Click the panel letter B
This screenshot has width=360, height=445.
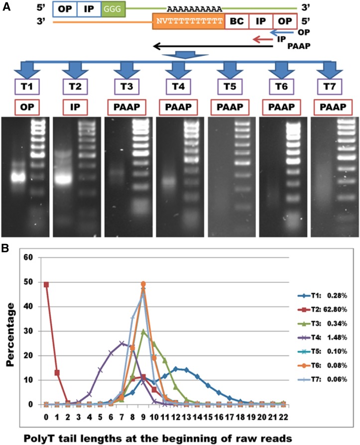pyautogui.click(x=5, y=247)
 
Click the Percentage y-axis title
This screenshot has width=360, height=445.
pyautogui.click(x=10, y=331)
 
